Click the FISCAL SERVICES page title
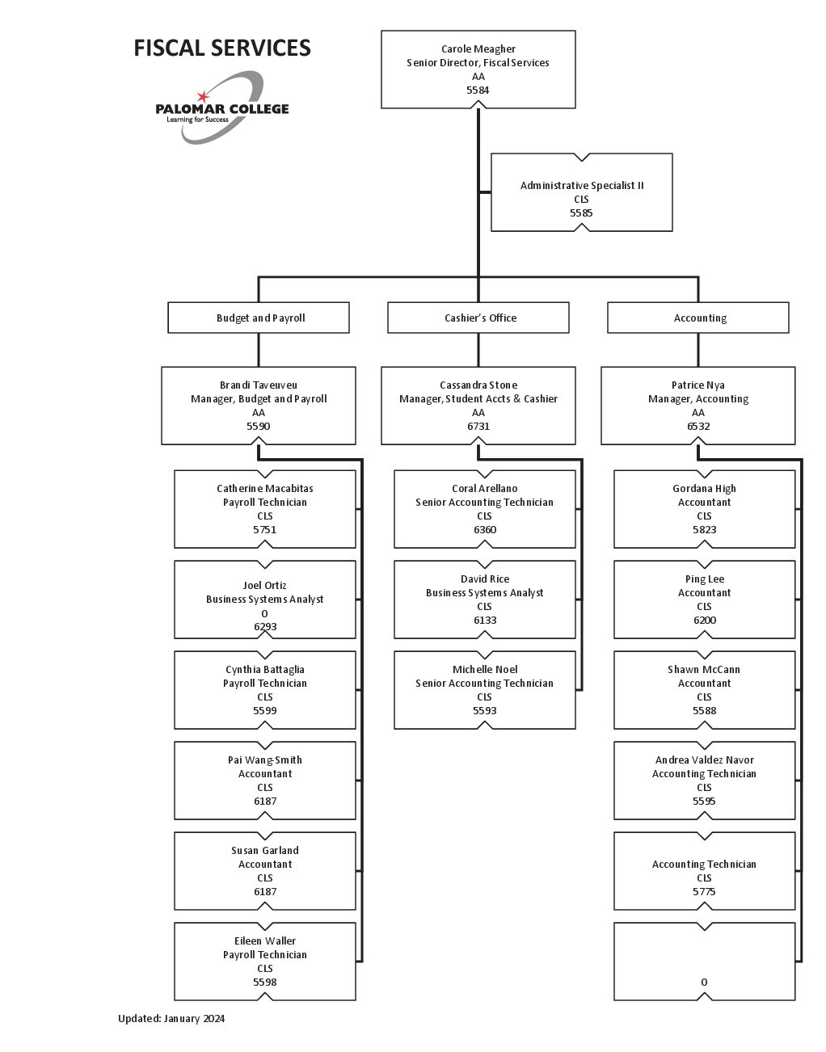(x=221, y=48)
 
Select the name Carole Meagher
(x=478, y=49)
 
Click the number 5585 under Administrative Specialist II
(x=581, y=213)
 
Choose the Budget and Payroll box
(x=259, y=318)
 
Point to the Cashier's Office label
(x=480, y=318)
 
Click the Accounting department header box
(x=698, y=318)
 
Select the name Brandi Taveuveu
(x=259, y=385)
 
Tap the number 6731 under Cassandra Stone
(x=478, y=426)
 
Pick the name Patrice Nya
(x=698, y=385)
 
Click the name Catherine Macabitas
(x=265, y=489)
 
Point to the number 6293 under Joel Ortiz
(x=265, y=626)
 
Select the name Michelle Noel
(x=485, y=670)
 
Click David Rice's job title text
(x=485, y=593)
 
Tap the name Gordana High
(x=705, y=489)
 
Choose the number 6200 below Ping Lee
(x=705, y=621)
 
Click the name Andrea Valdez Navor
(x=705, y=760)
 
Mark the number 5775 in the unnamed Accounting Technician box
(x=704, y=892)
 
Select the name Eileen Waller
(x=265, y=941)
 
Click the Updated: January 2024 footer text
(x=171, y=1019)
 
